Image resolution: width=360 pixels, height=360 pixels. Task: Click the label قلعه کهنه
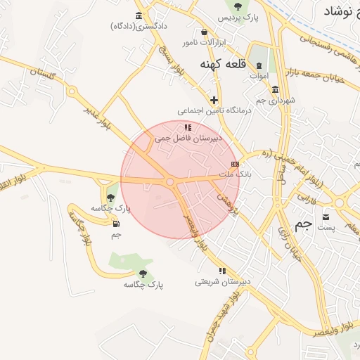[x=223, y=65]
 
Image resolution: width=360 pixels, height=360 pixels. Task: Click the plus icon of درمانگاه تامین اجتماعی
[x=214, y=100]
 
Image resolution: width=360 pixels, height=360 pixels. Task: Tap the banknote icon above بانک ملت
[x=235, y=164]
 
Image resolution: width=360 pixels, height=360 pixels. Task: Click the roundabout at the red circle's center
[x=170, y=182]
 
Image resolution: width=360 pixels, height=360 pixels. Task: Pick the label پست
[x=326, y=227]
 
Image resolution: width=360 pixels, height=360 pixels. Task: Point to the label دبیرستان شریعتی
[x=223, y=282]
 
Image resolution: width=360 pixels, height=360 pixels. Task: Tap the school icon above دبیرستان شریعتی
[x=222, y=271]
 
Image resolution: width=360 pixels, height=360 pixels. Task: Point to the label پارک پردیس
[x=235, y=16]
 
